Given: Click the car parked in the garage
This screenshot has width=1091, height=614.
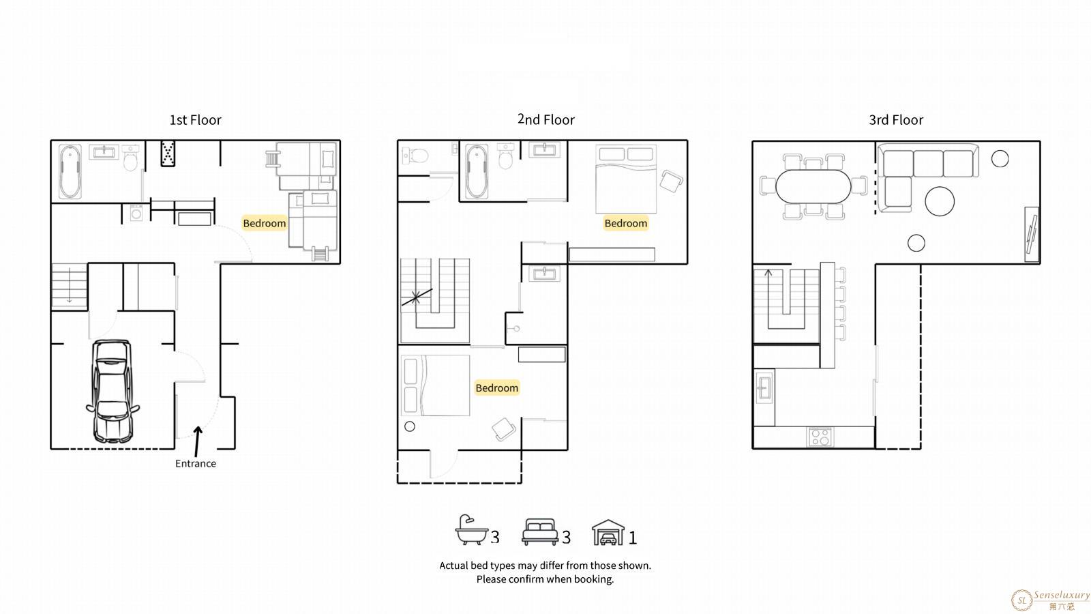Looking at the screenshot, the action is [x=113, y=391].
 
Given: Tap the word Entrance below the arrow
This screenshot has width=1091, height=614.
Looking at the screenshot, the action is [x=195, y=463].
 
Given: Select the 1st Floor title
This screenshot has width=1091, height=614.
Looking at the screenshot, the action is [x=195, y=120].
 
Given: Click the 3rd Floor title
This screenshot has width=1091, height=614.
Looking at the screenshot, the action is [x=896, y=120].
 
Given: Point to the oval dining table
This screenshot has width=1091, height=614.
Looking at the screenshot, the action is [x=813, y=187].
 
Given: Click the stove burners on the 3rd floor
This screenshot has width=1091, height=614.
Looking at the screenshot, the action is [x=820, y=437].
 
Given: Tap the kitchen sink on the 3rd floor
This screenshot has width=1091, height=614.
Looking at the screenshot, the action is [x=764, y=388].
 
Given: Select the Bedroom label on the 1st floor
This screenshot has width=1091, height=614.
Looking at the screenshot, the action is [x=265, y=223].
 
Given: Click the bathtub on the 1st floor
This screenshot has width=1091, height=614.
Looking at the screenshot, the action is [x=70, y=171].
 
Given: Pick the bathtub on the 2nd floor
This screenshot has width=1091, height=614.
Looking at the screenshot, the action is [x=477, y=171].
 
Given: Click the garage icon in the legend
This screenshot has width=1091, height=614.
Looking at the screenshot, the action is [x=608, y=532].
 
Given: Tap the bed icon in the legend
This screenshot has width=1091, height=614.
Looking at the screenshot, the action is [x=539, y=531].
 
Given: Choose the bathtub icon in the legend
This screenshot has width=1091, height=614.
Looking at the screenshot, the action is [x=471, y=529].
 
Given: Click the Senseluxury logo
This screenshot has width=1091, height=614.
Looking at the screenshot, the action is [x=1050, y=600].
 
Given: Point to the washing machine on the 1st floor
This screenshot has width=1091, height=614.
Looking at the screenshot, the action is [x=136, y=213].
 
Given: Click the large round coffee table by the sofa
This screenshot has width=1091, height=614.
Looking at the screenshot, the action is [x=940, y=201].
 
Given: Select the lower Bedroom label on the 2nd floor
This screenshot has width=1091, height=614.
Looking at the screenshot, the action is [x=497, y=388].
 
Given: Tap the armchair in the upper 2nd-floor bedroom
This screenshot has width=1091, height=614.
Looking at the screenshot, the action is [x=671, y=181].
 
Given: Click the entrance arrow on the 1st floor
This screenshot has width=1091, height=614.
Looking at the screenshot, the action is [x=197, y=441].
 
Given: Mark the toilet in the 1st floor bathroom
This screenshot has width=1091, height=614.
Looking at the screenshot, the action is [x=130, y=157].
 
